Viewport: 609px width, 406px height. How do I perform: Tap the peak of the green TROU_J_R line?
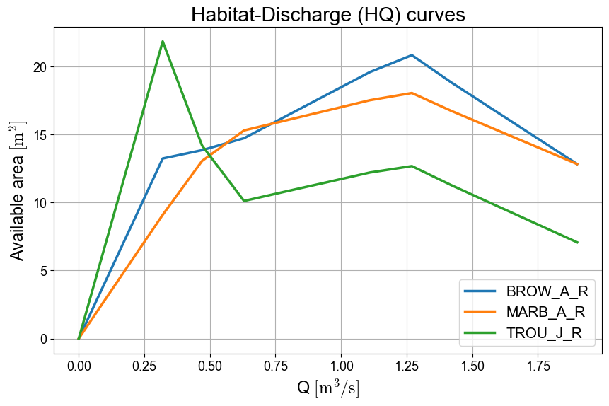163,41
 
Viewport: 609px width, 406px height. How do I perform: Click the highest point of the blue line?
411,55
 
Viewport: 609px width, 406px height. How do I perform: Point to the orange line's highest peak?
411,93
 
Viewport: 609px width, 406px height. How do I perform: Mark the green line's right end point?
577,243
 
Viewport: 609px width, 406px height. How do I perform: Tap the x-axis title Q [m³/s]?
328,388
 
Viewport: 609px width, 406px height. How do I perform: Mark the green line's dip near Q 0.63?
244,201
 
